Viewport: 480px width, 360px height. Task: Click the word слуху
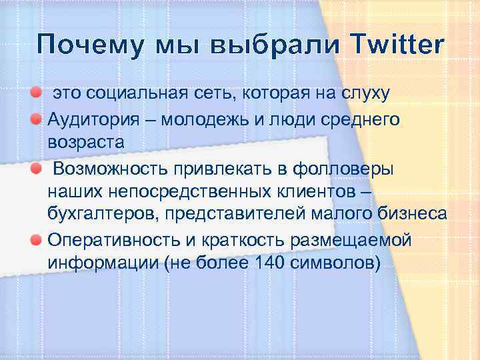(x=365, y=94)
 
